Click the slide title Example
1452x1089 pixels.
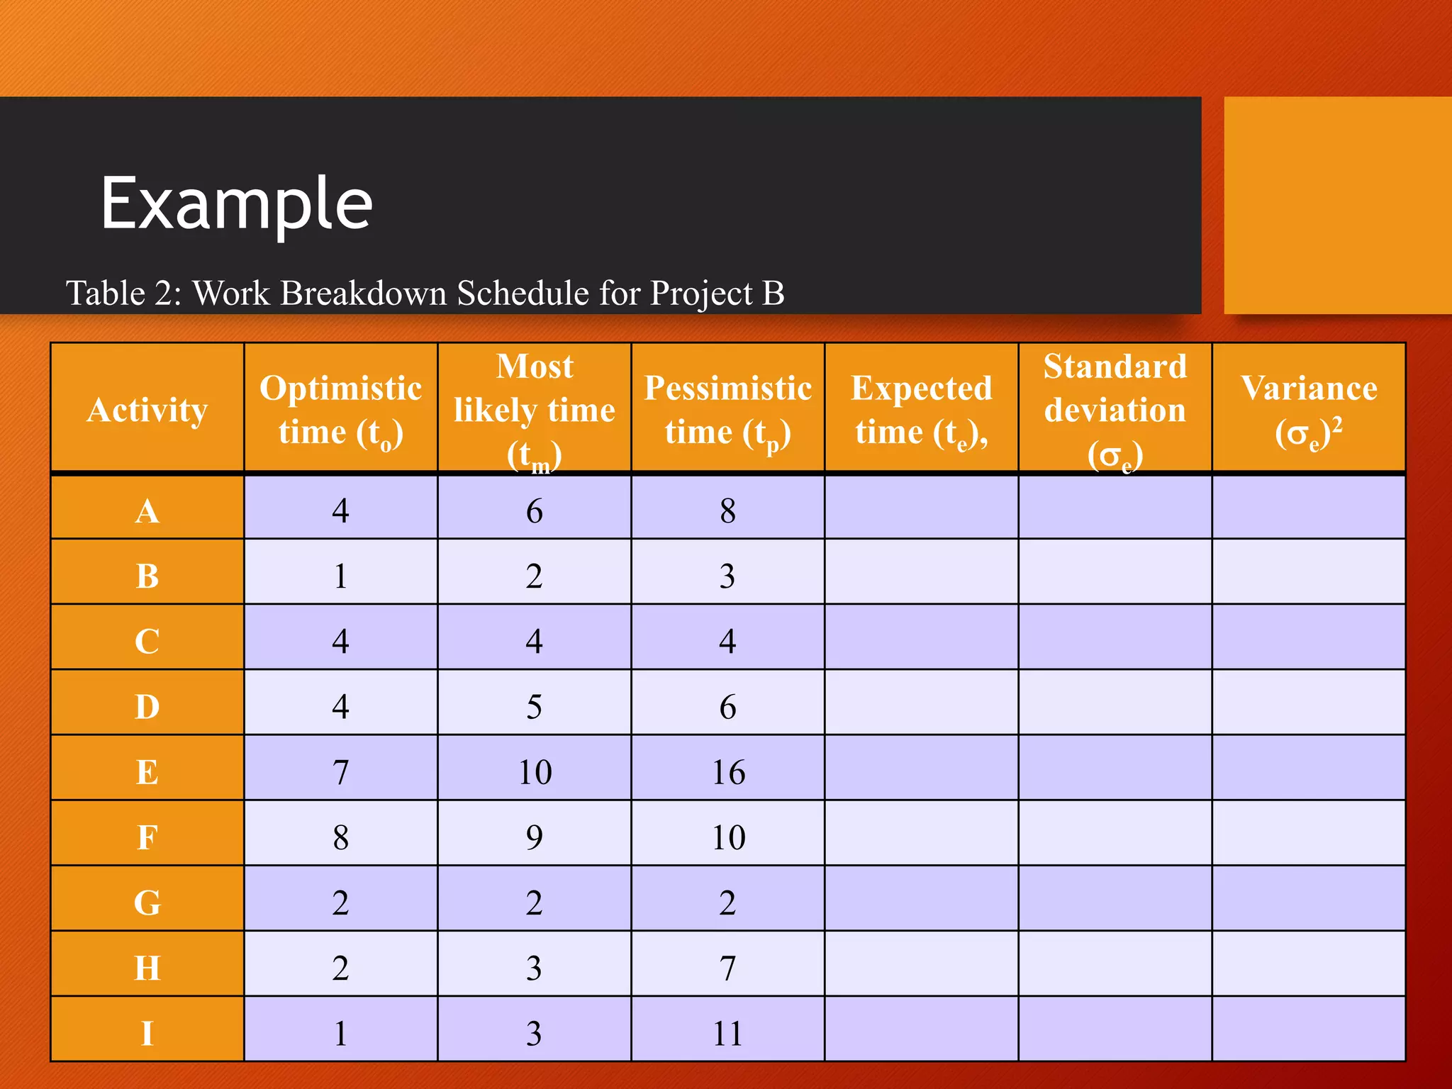236,203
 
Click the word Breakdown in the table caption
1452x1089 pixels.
364,294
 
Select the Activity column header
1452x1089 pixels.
147,410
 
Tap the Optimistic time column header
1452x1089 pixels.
341,410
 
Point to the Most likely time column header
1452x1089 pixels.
535,410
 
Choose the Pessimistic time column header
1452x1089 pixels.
728,410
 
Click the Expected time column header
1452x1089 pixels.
922,410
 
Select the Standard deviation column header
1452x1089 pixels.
1115,410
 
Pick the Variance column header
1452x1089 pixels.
1309,410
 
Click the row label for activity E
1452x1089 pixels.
147,772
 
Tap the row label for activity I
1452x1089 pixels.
147,1033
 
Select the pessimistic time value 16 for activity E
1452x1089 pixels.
728,772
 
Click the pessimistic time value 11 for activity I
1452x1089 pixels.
728,1033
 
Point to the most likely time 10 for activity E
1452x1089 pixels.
535,772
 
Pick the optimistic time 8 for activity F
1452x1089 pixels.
341,837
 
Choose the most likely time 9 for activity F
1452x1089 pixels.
535,837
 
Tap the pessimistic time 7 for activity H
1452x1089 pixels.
728,968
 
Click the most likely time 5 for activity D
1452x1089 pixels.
535,707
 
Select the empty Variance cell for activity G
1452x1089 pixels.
1309,903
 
